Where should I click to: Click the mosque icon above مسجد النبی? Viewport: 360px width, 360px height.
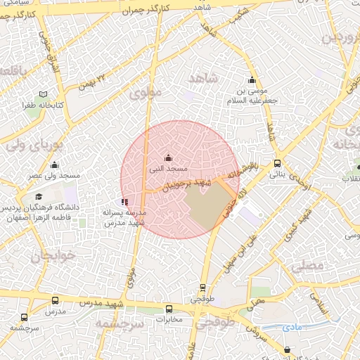167,157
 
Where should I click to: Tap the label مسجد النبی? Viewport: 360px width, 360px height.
169,169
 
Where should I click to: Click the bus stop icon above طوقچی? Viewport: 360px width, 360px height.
203,287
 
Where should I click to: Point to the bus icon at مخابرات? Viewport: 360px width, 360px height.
169,309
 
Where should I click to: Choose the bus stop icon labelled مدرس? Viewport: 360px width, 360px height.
55,300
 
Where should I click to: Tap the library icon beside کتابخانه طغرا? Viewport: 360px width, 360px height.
44,94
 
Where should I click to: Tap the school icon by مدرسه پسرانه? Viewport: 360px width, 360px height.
124,202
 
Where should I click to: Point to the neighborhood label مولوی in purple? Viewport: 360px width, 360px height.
146,91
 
